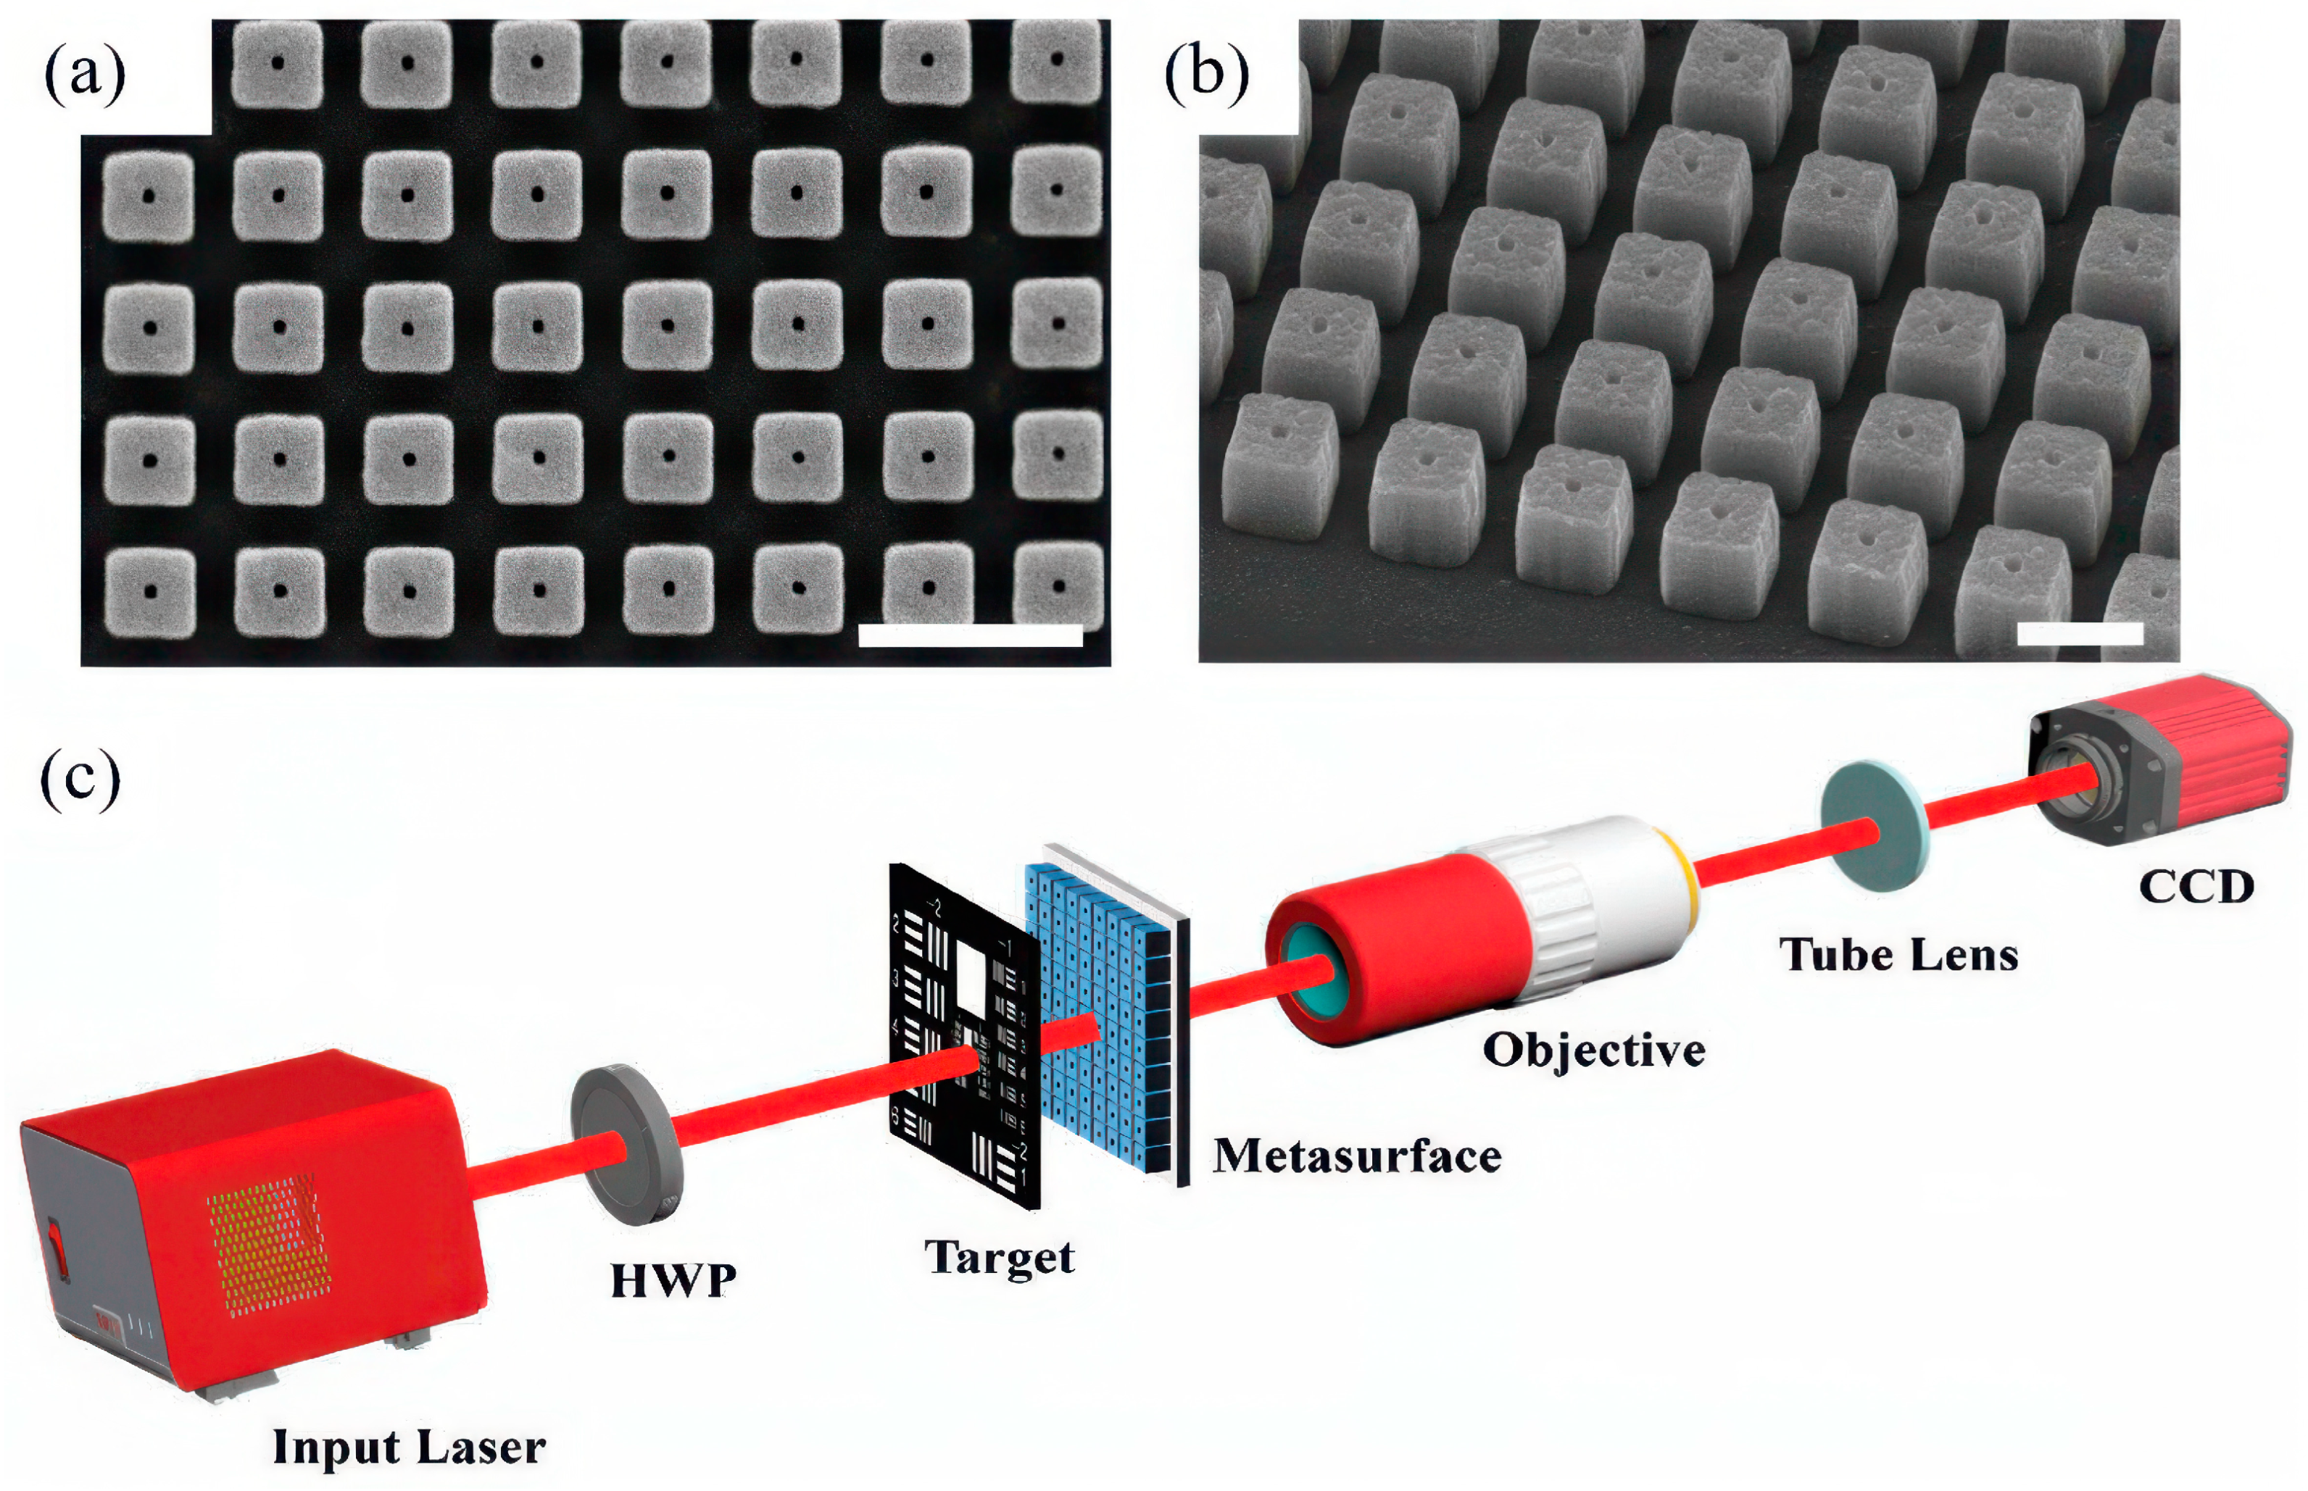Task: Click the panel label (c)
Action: (x=80, y=780)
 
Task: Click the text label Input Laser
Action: (x=409, y=1448)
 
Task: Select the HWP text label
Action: (x=673, y=1281)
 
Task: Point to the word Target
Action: (x=999, y=1258)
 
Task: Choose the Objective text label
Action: (x=1593, y=1051)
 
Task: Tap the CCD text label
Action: (x=2196, y=887)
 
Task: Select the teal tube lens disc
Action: (x=1874, y=825)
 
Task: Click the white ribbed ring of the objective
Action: (x=1559, y=915)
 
